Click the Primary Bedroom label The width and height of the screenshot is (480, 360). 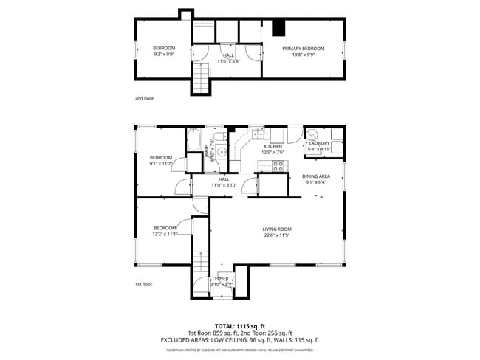point(303,49)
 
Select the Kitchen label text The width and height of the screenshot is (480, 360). point(273,147)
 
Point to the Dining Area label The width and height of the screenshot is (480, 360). point(315,176)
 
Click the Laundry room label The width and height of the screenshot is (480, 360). point(319,143)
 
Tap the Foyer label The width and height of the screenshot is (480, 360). point(222,278)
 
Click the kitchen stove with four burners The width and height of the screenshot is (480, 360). point(279,167)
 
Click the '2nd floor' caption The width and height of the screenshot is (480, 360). point(144,98)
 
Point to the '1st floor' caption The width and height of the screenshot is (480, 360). point(143,284)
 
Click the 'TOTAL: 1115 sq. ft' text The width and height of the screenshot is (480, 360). point(239,325)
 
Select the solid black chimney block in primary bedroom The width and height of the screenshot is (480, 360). point(278,28)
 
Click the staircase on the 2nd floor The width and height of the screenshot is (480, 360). point(202,77)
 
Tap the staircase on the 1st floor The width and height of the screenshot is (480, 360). point(202,269)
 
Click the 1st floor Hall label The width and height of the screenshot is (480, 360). point(223,179)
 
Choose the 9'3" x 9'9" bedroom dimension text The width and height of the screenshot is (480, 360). point(164,55)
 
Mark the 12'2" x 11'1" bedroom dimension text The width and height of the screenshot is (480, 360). point(165,235)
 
